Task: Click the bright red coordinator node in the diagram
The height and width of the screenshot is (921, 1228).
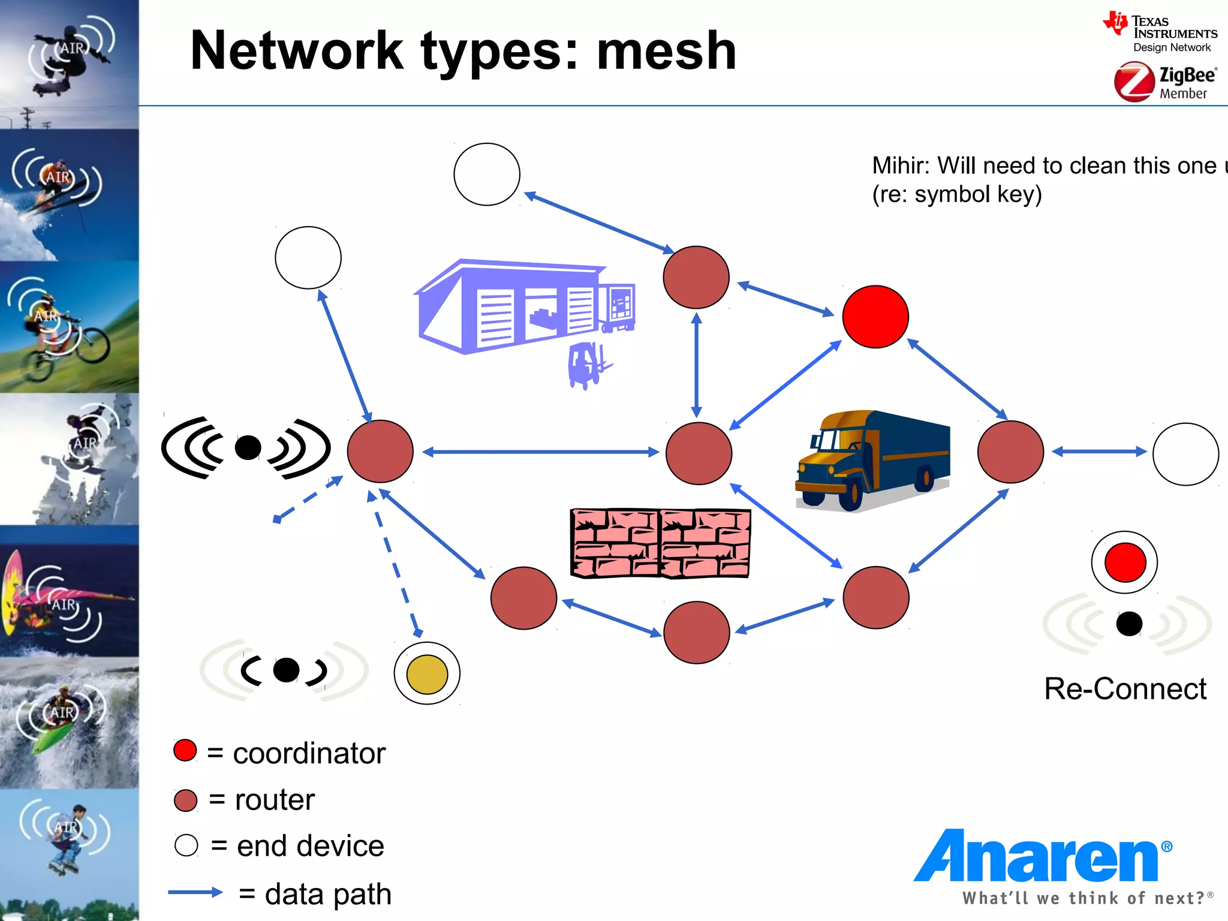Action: tap(875, 317)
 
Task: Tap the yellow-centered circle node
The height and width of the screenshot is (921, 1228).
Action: tap(427, 673)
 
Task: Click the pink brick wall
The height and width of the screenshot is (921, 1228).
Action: tap(660, 543)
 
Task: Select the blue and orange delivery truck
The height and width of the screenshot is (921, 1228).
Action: tap(873, 459)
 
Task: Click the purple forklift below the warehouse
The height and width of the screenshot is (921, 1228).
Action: tap(587, 365)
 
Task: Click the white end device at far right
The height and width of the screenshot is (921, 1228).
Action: tap(1185, 454)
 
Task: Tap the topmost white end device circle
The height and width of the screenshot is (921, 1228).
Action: tap(486, 174)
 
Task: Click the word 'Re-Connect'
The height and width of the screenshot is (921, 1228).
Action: tap(1125, 688)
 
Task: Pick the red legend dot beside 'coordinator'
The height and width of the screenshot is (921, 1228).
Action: tap(185, 750)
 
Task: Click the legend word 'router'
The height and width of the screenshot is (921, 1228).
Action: tap(275, 799)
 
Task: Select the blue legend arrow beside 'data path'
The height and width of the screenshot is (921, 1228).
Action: tap(195, 892)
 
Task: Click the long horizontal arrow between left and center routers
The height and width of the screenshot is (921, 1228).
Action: tap(540, 452)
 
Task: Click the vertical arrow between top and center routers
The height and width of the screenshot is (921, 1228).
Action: tap(696, 365)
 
